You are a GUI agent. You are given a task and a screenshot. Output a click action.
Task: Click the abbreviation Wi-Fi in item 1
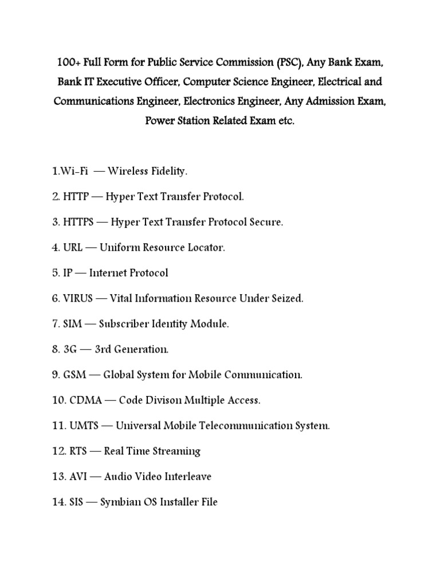(73, 171)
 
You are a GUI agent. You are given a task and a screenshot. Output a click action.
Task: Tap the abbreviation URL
(74, 248)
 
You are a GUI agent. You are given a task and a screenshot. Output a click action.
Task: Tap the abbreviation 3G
(71, 349)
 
